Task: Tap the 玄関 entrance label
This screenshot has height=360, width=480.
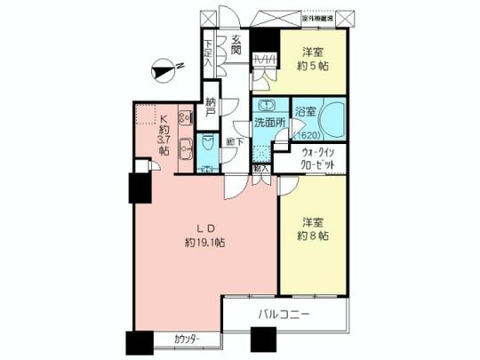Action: (236, 45)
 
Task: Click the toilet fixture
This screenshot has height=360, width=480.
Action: (206, 143)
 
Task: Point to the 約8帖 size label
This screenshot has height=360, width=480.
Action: (312, 236)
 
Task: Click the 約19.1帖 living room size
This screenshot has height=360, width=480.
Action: (205, 241)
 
